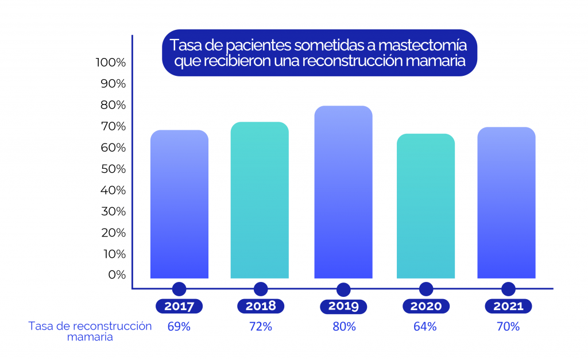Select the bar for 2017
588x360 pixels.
click(179, 204)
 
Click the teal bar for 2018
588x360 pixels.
click(260, 200)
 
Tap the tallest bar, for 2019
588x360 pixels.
click(343, 192)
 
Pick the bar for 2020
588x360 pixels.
click(425, 206)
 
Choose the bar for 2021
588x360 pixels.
click(506, 203)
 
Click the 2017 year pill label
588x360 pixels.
click(179, 306)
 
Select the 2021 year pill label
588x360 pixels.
click(508, 306)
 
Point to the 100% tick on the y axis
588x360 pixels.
click(111, 62)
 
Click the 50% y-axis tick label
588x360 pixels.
click(113, 169)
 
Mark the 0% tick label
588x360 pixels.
click(116, 274)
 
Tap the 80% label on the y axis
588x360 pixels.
click(113, 105)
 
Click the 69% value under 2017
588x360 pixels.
click(179, 327)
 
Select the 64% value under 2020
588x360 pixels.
click(425, 327)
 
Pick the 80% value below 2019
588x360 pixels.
click(344, 327)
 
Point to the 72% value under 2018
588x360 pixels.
click(261, 327)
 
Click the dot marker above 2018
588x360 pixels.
click(261, 289)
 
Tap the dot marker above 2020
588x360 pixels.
click(425, 289)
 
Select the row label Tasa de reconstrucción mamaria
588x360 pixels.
click(90, 331)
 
